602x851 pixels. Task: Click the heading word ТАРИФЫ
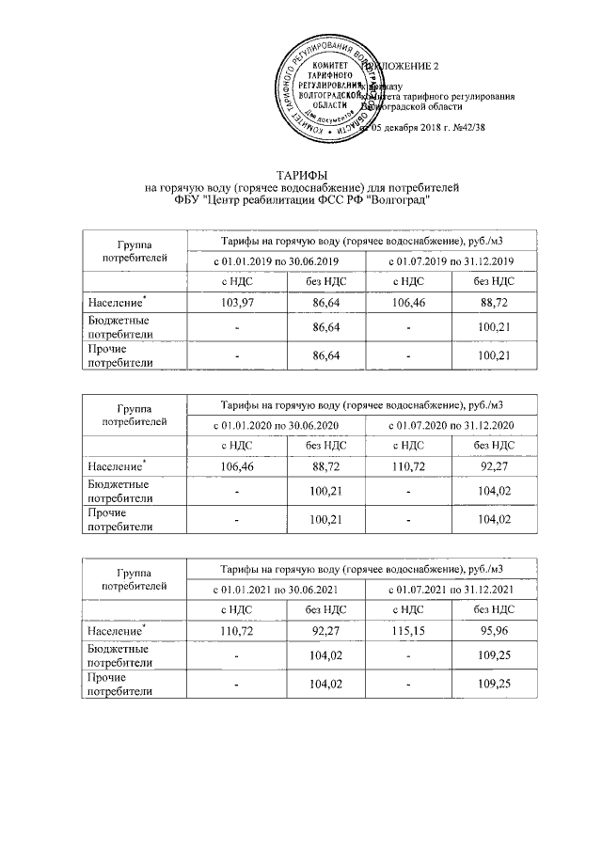301,175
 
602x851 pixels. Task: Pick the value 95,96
494,629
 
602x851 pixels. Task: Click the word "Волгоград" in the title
400,199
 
